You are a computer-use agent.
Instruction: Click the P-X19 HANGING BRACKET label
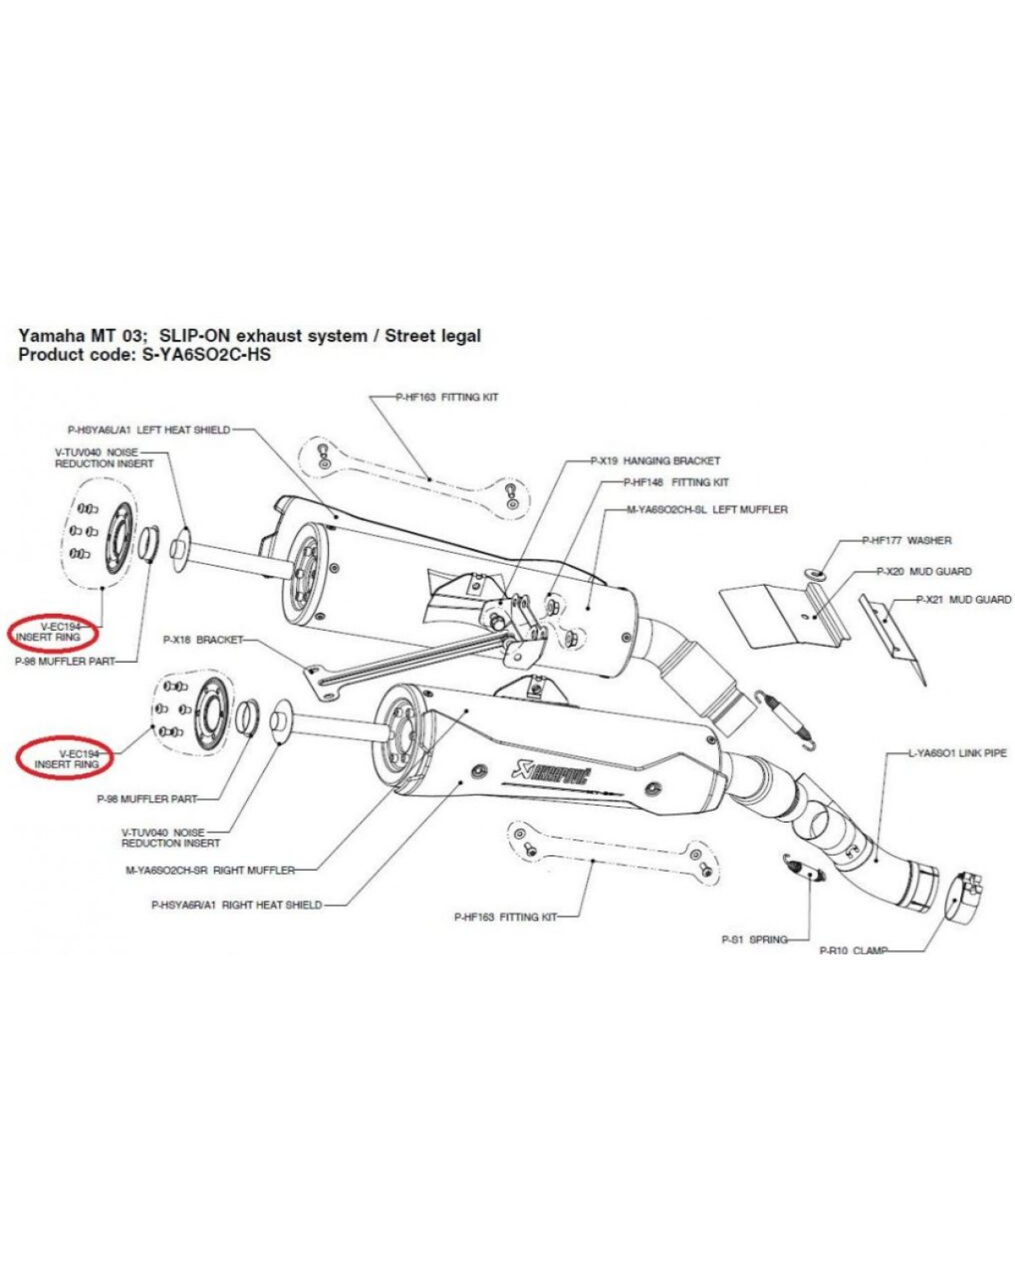point(655,461)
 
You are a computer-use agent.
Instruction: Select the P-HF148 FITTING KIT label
point(676,482)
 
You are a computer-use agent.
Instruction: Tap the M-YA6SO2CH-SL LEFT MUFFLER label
point(706,509)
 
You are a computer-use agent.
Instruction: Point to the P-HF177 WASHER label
point(907,539)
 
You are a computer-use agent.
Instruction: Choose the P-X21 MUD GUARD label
point(963,600)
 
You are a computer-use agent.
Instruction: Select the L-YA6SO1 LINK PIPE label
point(957,753)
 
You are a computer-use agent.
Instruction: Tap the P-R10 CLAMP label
point(853,950)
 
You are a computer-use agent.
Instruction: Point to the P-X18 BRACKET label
point(203,639)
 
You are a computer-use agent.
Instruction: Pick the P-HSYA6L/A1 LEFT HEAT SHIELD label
point(149,430)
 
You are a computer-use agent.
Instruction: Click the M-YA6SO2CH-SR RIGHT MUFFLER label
point(210,870)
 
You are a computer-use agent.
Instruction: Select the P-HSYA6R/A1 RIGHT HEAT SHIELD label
point(237,905)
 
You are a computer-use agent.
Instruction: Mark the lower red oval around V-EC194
point(64,758)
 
